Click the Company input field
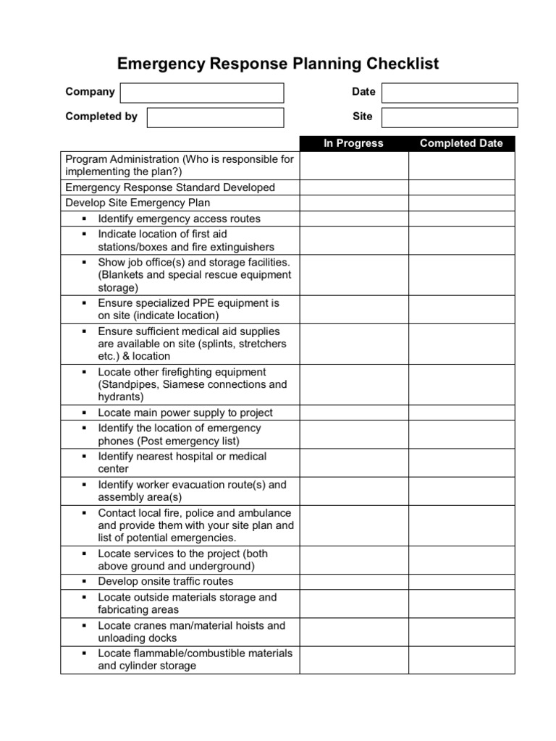point(202,93)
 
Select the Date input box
point(450,93)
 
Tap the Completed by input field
point(215,117)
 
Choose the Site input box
point(450,117)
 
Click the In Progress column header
point(353,143)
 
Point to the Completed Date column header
point(461,143)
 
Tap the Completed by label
point(101,117)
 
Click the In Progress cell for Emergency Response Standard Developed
point(353,187)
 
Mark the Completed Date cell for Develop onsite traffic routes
point(461,582)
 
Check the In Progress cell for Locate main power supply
point(353,412)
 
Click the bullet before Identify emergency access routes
point(84,219)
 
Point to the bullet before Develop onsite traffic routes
point(84,582)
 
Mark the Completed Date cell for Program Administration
point(461,165)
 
